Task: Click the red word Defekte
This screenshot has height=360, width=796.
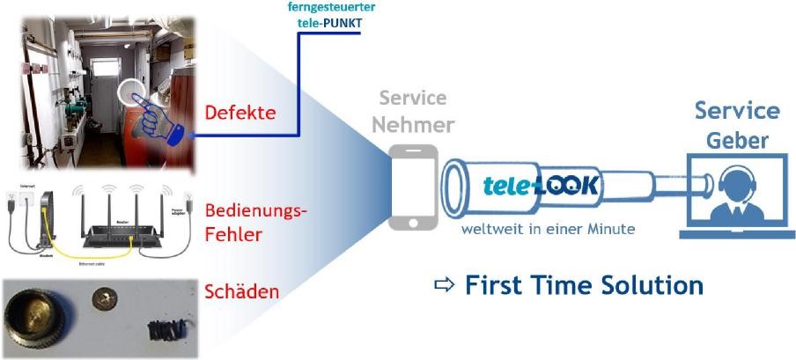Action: [x=240, y=114]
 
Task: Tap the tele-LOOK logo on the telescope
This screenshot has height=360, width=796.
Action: [x=542, y=185]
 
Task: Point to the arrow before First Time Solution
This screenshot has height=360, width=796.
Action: [x=446, y=286]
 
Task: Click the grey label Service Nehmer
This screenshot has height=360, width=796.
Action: [x=413, y=111]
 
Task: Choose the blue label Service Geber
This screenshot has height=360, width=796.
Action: [x=737, y=124]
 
